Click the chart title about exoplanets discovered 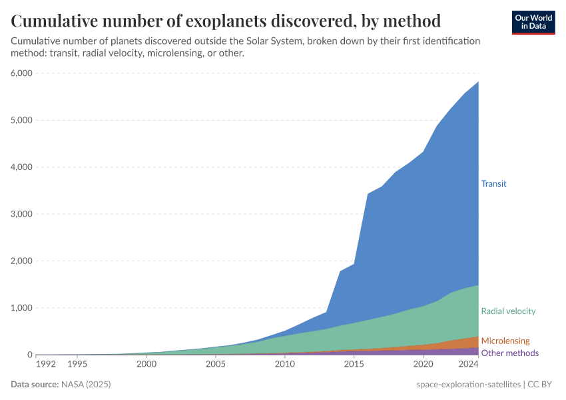point(226,21)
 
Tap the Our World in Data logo point(533,22)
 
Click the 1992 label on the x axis point(45,365)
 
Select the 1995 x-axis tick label point(77,365)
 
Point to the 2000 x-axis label point(146,365)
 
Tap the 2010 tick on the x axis point(284,365)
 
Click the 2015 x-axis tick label point(354,365)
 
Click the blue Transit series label point(494,183)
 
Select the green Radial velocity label point(508,311)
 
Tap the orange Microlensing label point(505,341)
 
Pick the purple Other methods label point(509,353)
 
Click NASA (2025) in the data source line point(85,385)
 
